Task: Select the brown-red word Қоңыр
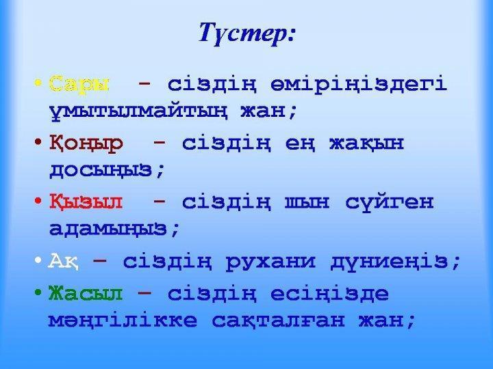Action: pos(86,144)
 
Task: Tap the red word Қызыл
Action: pos(86,203)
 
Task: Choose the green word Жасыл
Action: pos(86,294)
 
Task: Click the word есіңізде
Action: pos(335,294)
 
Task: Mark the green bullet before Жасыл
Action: pos(38,294)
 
